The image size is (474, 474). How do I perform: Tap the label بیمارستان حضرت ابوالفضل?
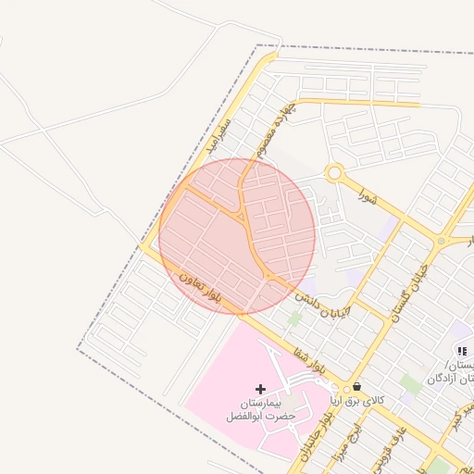[260, 410]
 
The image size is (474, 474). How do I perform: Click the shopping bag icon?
[357, 387]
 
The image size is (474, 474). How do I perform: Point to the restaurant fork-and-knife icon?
[461, 351]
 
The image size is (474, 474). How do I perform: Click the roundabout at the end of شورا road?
[334, 172]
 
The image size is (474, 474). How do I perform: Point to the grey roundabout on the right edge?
[442, 241]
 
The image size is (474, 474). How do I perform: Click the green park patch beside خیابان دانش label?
[294, 318]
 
